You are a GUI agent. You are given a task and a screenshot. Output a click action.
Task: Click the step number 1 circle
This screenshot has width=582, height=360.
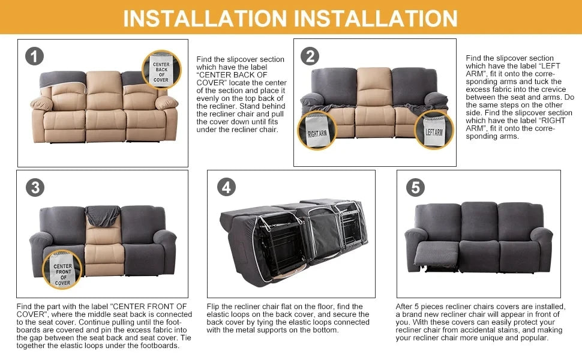coord(35,56)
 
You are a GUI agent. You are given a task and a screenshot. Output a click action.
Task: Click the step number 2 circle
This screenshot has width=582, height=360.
coord(310,56)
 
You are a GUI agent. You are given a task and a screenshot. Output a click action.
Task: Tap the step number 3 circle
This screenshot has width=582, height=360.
coord(35,187)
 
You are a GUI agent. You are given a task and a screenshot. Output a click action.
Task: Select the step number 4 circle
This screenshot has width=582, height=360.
coord(226,187)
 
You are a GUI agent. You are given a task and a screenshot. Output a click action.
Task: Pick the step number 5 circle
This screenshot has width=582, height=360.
coord(415,187)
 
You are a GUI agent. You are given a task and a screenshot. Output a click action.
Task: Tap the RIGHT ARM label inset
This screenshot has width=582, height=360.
coord(317,130)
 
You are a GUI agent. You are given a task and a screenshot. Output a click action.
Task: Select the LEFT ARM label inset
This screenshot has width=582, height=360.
coord(434,130)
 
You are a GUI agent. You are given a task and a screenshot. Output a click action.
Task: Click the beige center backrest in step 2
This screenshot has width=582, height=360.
coord(374,86)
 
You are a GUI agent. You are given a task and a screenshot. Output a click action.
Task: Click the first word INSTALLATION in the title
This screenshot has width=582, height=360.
coord(204,18)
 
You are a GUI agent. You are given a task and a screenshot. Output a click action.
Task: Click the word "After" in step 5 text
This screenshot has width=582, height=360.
coord(404,307)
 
